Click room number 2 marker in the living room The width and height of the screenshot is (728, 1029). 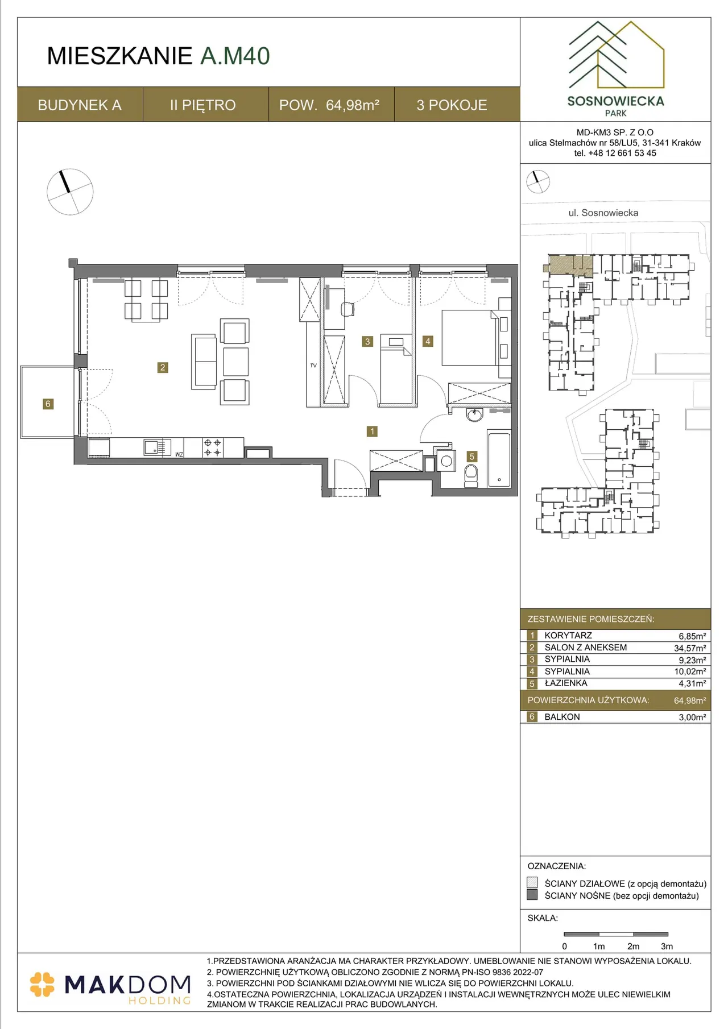(x=163, y=367)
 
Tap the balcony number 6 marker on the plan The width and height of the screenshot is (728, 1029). (x=48, y=404)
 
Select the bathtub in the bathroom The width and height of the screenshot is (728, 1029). (x=499, y=460)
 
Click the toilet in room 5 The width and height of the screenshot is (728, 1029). (x=471, y=476)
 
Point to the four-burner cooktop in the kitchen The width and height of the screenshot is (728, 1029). (x=213, y=447)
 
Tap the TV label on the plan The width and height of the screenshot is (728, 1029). (x=313, y=366)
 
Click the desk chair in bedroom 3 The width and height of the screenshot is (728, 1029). (x=347, y=309)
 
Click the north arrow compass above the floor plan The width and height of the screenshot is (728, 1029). (x=70, y=192)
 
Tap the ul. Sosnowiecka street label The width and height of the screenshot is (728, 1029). (x=603, y=213)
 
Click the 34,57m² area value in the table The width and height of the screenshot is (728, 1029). (x=690, y=648)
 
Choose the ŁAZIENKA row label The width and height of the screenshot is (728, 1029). (x=566, y=683)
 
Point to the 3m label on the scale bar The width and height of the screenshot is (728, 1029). (x=667, y=947)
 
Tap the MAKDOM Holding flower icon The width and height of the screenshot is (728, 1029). (x=43, y=985)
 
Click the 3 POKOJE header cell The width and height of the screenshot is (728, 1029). (x=452, y=105)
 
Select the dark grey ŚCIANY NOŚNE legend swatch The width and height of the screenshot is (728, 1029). (x=532, y=895)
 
